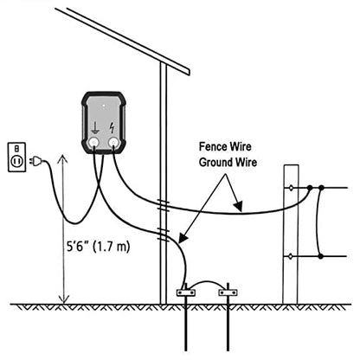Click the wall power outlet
pyautogui.click(x=16, y=157)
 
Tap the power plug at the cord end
pyautogui.click(x=35, y=161)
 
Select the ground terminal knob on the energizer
pyautogui.click(x=93, y=142)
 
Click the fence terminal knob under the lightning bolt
pyautogui.click(x=113, y=142)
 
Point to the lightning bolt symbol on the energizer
pyautogui.click(x=112, y=128)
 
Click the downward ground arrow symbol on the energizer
pyautogui.click(x=95, y=128)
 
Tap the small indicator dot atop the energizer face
pyautogui.click(x=104, y=106)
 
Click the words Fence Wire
pyautogui.click(x=225, y=146)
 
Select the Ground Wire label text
pyautogui.click(x=228, y=162)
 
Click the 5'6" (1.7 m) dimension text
pyautogui.click(x=99, y=247)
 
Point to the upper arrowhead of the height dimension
pyautogui.click(x=62, y=159)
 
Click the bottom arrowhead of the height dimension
pyautogui.click(x=63, y=299)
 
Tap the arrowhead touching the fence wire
pyautogui.click(x=238, y=206)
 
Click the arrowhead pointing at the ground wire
pyautogui.click(x=183, y=237)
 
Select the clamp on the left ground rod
pyautogui.click(x=186, y=292)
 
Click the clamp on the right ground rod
pyautogui.click(x=228, y=292)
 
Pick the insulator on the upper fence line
pyautogui.click(x=291, y=188)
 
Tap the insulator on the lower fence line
pyautogui.click(x=291, y=256)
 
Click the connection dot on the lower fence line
pyautogui.click(x=320, y=256)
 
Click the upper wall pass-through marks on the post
pyautogui.click(x=164, y=205)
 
